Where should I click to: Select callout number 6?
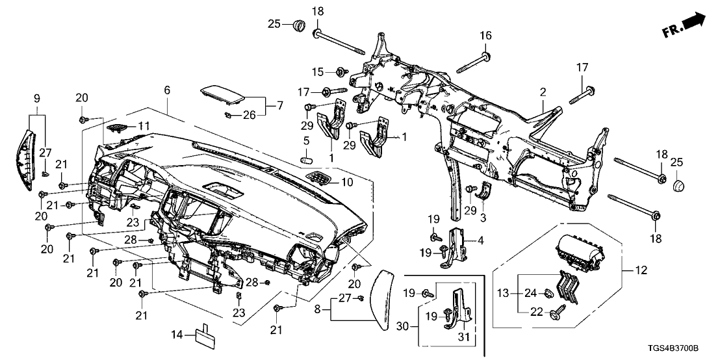click(168, 91)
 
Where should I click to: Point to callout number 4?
click(481, 241)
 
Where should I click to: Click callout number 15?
click(317, 71)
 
